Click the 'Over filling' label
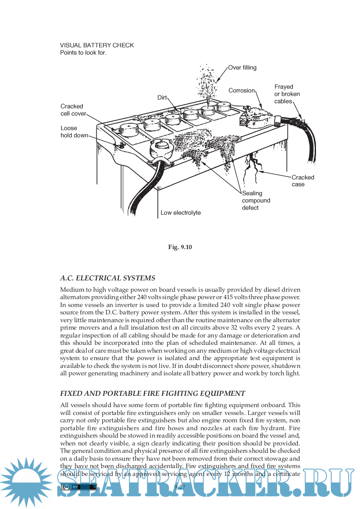click(x=242, y=67)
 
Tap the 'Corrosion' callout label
click(x=241, y=91)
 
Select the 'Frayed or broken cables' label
click(x=287, y=94)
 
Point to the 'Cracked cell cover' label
click(x=72, y=110)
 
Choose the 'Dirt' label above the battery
click(x=162, y=98)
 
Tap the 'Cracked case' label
click(x=302, y=181)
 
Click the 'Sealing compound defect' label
click(x=256, y=200)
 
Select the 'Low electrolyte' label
click(x=180, y=213)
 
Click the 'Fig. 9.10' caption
click(x=180, y=247)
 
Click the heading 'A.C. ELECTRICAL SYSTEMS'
click(x=107, y=278)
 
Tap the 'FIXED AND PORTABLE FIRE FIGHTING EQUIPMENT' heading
click(x=153, y=393)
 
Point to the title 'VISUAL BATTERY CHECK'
click(x=97, y=45)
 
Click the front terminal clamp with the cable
click(x=159, y=150)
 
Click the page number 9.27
click(x=180, y=486)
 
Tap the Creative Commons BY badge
click(x=78, y=487)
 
